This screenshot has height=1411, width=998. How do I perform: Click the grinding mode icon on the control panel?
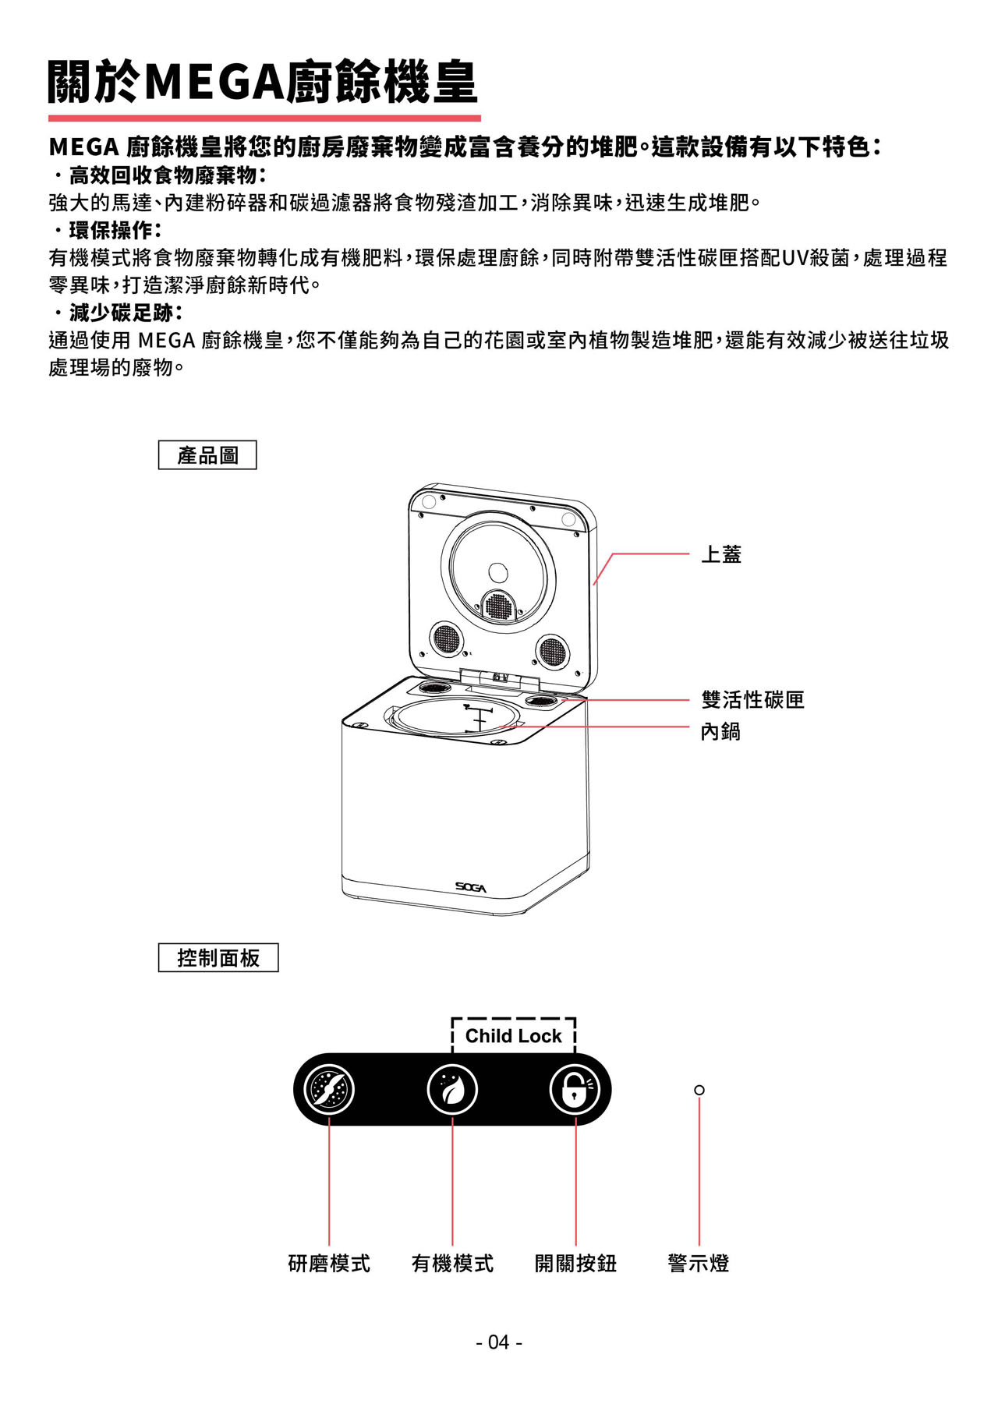(x=329, y=1089)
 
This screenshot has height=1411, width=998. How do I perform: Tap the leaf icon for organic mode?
(x=452, y=1089)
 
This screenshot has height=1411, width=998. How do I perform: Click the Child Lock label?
(x=513, y=1036)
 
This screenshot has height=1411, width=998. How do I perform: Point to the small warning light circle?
(x=699, y=1090)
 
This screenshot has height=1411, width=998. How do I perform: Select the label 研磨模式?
(x=329, y=1264)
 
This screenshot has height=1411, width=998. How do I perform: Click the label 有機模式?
(x=452, y=1264)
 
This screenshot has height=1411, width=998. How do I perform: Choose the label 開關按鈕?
(x=575, y=1264)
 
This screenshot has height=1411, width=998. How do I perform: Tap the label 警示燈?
(x=699, y=1264)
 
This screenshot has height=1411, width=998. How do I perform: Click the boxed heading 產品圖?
(x=207, y=455)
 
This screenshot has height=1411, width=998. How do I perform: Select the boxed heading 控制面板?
(x=218, y=957)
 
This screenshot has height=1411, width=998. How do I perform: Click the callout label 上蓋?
(x=721, y=554)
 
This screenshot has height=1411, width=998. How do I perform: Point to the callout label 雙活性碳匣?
(x=752, y=700)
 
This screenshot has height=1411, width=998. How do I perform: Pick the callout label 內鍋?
(x=720, y=731)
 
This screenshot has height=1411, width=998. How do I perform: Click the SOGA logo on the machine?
(x=471, y=888)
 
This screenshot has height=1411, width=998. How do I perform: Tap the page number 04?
(x=499, y=1342)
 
